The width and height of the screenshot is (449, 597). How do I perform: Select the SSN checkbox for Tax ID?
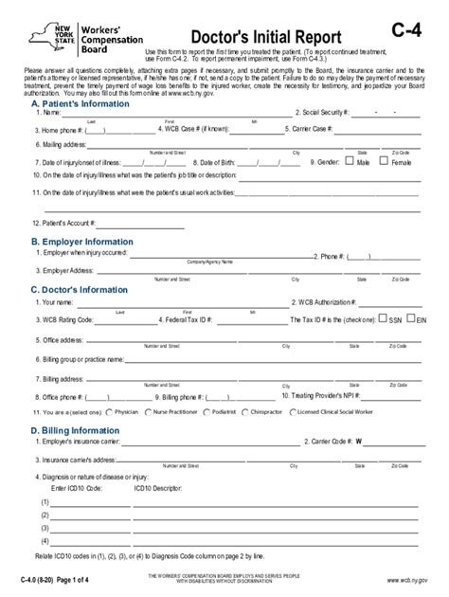point(382,319)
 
